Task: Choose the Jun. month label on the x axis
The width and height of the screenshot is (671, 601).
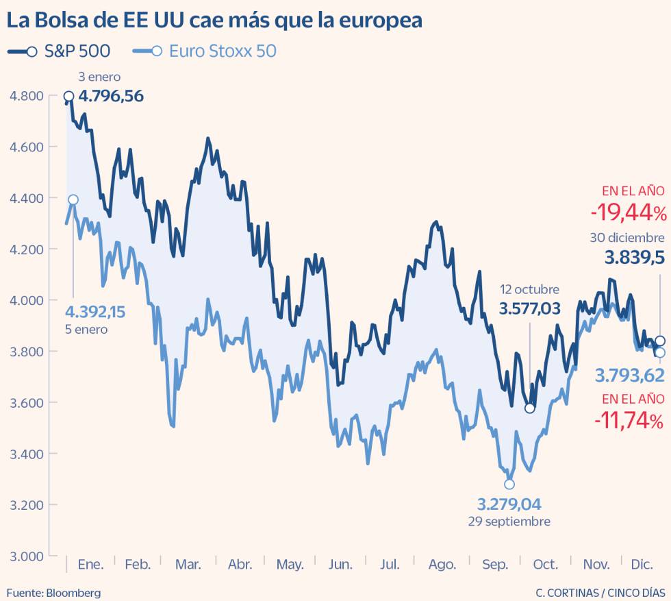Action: point(340,565)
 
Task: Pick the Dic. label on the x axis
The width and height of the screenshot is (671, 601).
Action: point(642,565)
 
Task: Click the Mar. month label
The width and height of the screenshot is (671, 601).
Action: point(188,565)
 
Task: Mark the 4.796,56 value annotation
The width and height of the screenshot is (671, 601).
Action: point(111,96)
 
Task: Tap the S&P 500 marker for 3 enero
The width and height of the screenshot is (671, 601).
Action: point(69,97)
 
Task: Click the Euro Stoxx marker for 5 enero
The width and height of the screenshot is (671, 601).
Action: point(73,199)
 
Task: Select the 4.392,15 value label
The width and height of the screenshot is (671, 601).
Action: point(95,312)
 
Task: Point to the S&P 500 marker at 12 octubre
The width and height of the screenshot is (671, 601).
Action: point(529,408)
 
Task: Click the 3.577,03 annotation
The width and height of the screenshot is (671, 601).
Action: point(530,308)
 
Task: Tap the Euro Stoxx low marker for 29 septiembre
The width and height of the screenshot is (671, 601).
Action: point(509,485)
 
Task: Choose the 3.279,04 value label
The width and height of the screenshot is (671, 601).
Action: point(509,505)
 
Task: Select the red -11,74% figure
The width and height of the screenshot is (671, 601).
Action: point(629,420)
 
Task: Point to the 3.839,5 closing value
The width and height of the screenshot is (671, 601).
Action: point(634,258)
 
